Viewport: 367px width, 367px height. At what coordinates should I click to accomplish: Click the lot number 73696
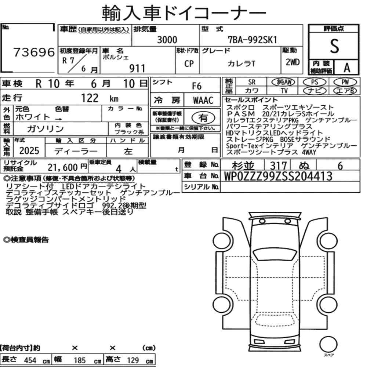point(34,52)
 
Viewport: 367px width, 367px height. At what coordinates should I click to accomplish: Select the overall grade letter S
point(334,46)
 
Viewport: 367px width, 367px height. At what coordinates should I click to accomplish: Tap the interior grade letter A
point(347,68)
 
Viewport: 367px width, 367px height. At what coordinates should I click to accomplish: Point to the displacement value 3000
point(167,40)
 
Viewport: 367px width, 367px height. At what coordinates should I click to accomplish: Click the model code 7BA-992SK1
point(252,40)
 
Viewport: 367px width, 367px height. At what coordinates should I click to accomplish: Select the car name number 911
point(137,69)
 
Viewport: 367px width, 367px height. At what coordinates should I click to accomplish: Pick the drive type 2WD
point(292,62)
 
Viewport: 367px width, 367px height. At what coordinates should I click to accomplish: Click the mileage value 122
point(90,98)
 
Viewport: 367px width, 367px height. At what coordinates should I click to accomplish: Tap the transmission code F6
point(197,86)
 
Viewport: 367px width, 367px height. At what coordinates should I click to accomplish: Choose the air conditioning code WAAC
point(203,101)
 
